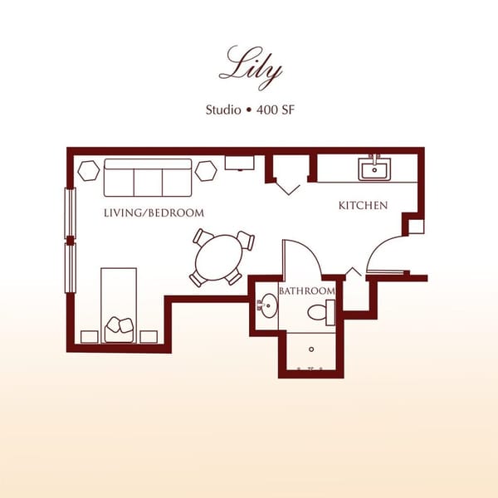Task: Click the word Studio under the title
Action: pos(224,110)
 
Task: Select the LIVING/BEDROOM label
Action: pos(154,213)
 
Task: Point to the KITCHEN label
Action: pos(363,205)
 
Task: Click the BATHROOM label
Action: pos(307,291)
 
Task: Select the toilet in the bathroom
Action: pos(320,312)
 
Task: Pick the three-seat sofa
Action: pos(148,176)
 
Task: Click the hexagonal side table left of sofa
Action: pos(89,169)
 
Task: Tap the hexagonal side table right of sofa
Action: pos(206,170)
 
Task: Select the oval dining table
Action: pos(222,257)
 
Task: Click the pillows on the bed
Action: pos(119,326)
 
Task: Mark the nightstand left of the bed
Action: pos(89,336)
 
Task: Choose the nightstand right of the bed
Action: pos(149,336)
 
